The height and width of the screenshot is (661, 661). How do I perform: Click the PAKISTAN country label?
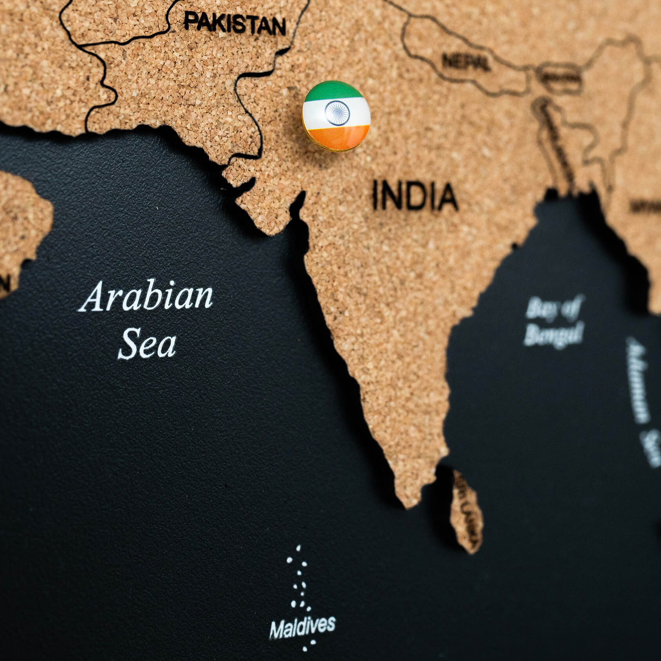click(x=235, y=23)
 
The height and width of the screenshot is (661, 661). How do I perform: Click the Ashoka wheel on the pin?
click(x=337, y=112)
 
